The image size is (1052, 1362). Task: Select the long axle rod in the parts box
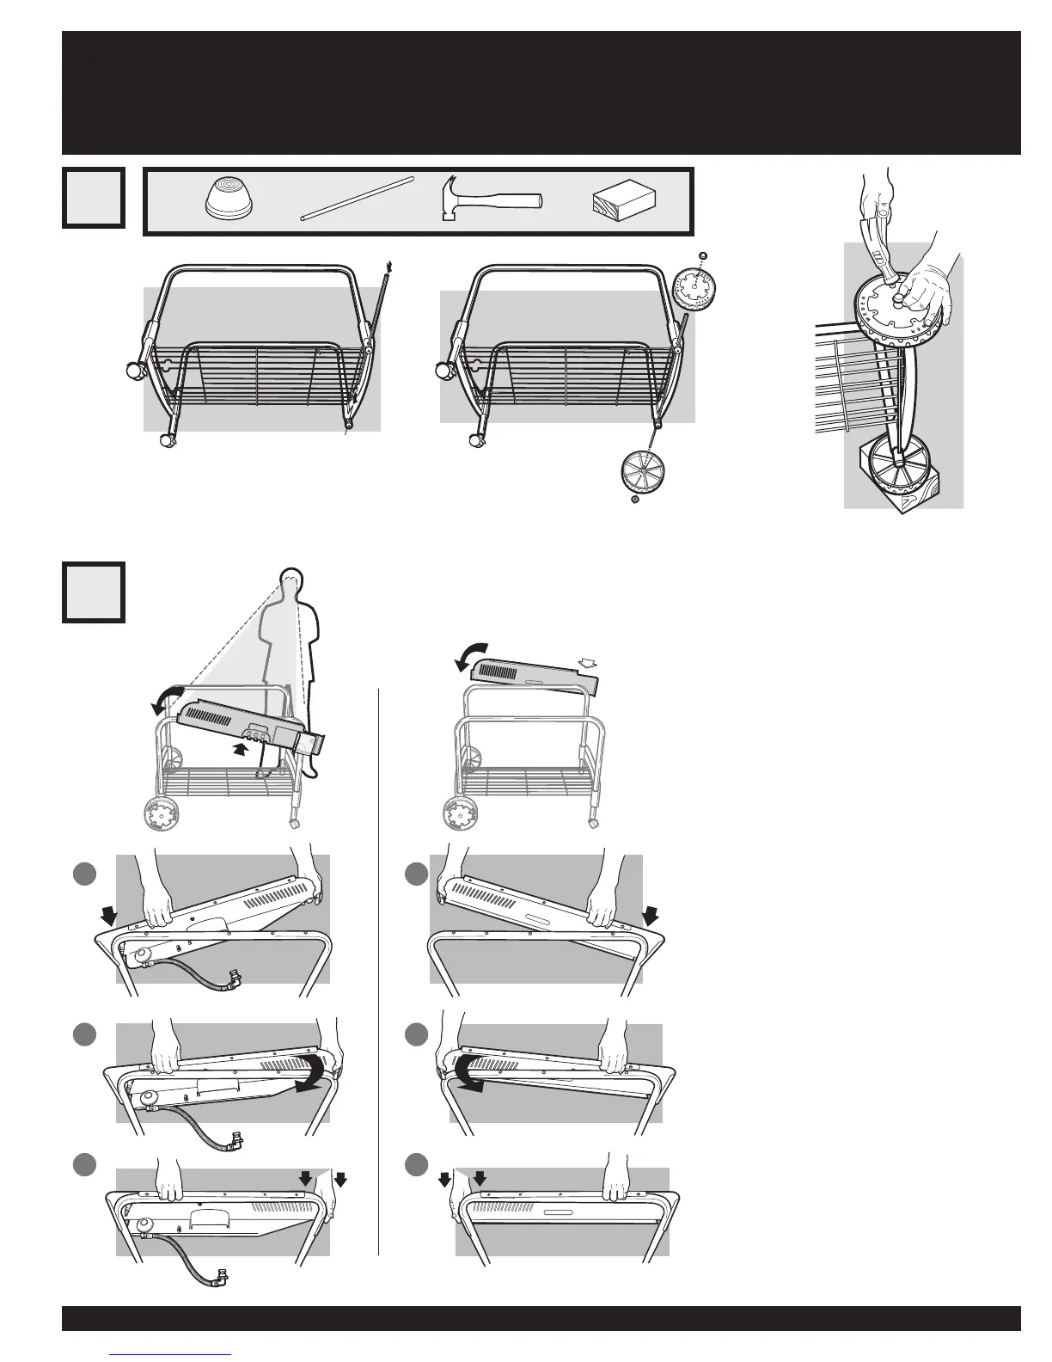pyautogui.click(x=358, y=199)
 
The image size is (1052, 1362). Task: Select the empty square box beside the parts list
pyautogui.click(x=94, y=198)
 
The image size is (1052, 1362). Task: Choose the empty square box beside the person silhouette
pyautogui.click(x=94, y=592)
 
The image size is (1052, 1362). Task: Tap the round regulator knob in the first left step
pyautogui.click(x=138, y=954)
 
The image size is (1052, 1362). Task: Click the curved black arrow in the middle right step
pyautogui.click(x=464, y=1075)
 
